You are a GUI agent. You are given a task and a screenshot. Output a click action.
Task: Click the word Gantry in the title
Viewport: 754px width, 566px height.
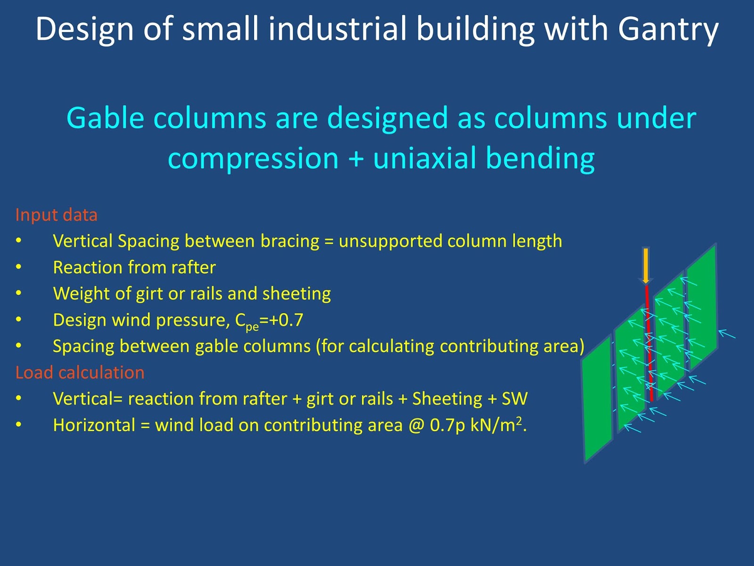click(x=668, y=29)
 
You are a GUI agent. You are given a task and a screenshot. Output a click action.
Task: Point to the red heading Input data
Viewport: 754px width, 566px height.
click(x=57, y=215)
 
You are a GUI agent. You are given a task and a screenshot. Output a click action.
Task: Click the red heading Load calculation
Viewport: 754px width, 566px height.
click(x=80, y=373)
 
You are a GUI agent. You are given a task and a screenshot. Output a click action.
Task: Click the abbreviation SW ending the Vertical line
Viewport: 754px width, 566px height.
click(x=514, y=399)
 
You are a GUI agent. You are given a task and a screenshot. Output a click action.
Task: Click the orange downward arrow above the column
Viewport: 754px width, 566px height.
click(x=646, y=266)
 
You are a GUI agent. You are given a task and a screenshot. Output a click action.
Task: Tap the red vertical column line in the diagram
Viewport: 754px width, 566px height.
click(x=649, y=340)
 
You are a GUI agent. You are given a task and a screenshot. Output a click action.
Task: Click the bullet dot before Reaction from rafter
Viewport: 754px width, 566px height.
click(x=19, y=267)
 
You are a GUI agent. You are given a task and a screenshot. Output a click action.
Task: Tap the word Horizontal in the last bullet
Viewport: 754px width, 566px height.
click(x=94, y=425)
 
